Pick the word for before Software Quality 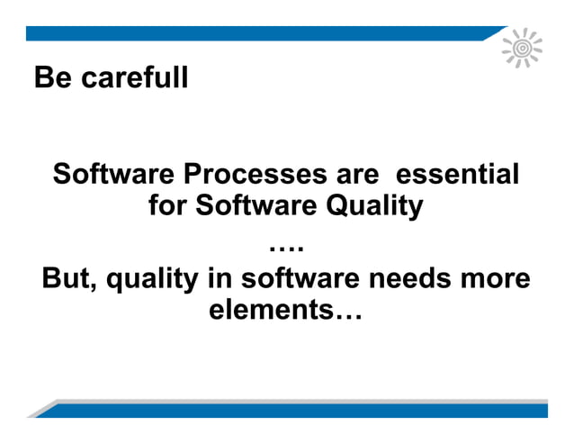[x=167, y=207]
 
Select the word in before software [x=220, y=278]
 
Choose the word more [x=494, y=278]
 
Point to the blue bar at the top [x=261, y=33]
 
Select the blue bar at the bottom [x=297, y=411]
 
